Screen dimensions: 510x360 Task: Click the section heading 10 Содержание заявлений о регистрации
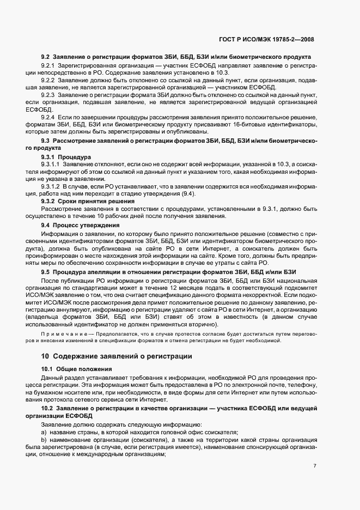point(117,356)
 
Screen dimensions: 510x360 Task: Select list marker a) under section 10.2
point(44,432)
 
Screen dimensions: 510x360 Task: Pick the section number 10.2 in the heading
point(47,408)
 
